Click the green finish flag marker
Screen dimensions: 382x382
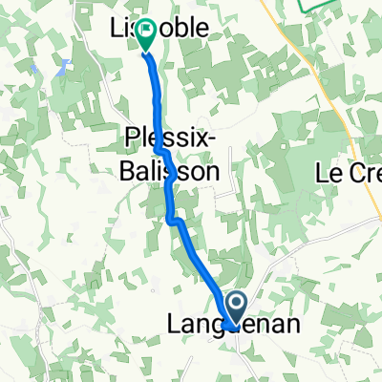[x=146, y=34]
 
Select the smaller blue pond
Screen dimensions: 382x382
[x=35, y=71]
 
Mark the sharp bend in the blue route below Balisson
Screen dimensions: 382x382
[x=174, y=221]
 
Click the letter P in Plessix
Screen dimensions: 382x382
[x=133, y=140]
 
